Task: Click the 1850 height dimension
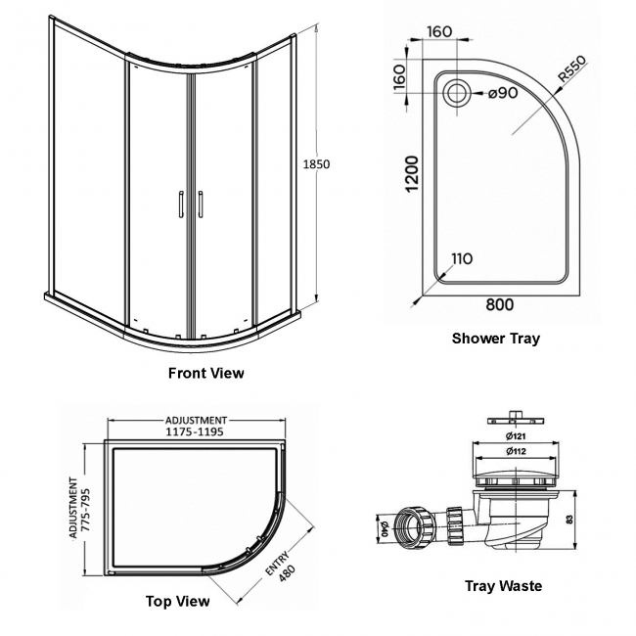[x=315, y=163]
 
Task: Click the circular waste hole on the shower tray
[x=457, y=94]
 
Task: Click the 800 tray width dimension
[x=499, y=304]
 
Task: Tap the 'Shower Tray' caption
[x=495, y=339]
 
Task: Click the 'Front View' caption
[x=205, y=373]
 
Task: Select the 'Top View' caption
[x=177, y=602]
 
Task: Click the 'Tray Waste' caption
[x=503, y=586]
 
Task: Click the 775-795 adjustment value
[x=85, y=509]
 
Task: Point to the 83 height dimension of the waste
[x=584, y=518]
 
